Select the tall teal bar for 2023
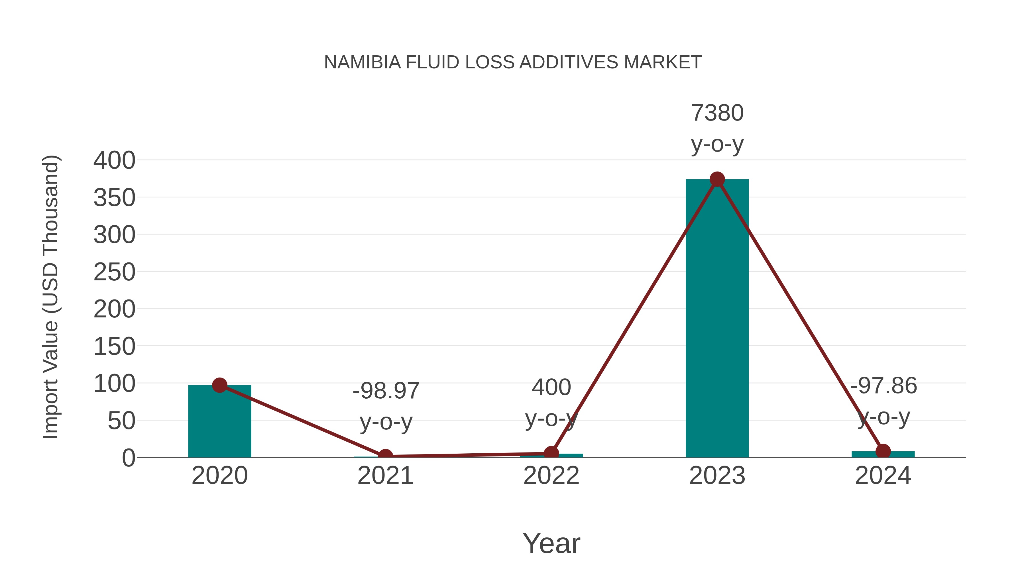click(x=717, y=319)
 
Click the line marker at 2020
click(x=219, y=385)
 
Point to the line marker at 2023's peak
click(x=717, y=180)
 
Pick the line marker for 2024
click(x=883, y=451)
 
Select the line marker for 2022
click(x=551, y=453)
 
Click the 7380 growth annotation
click(x=717, y=113)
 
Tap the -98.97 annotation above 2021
click(x=386, y=391)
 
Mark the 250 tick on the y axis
click(x=114, y=272)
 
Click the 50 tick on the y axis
click(x=121, y=421)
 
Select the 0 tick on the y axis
click(x=128, y=458)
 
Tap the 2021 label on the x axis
click(x=386, y=476)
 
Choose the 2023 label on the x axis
click(x=717, y=476)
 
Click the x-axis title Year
click(x=551, y=543)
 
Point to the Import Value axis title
click(x=51, y=297)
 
